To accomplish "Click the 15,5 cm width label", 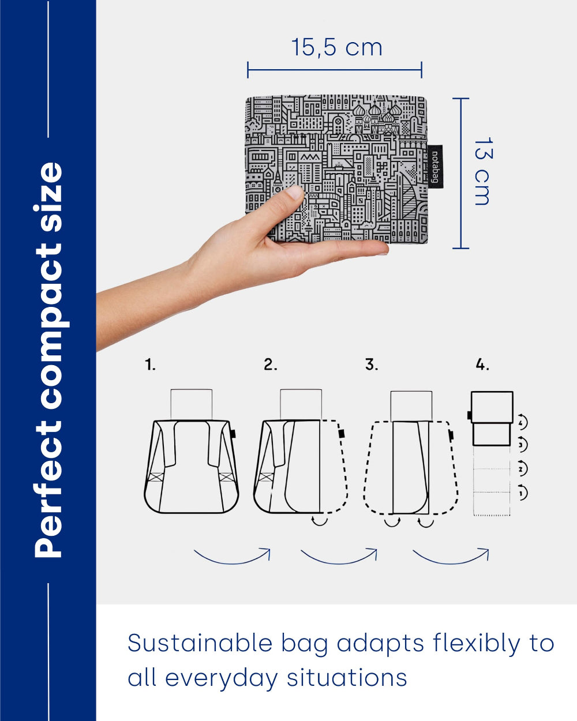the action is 336,47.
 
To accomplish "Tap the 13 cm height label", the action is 483,171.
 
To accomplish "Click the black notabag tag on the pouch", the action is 435,167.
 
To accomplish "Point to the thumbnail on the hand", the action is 294,192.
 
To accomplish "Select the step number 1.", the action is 150,365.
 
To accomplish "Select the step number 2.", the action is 270,365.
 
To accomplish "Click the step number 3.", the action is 372,365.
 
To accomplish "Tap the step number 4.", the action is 482,365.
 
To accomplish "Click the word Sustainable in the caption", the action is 200,643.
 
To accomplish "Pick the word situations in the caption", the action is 347,678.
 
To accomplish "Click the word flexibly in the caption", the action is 476,644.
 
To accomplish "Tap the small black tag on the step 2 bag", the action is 342,433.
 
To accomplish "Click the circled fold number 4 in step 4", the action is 522,422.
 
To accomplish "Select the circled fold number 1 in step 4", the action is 522,493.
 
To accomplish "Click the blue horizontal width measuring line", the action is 335,70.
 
